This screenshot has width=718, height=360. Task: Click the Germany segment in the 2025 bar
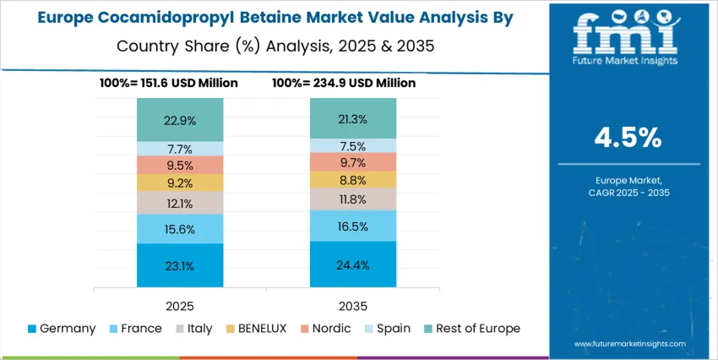pyautogui.click(x=180, y=265)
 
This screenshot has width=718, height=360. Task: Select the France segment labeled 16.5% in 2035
pyautogui.click(x=352, y=226)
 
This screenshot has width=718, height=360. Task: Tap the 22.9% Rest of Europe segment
pyautogui.click(x=180, y=120)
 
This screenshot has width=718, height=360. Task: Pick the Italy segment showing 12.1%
pyautogui.click(x=180, y=203)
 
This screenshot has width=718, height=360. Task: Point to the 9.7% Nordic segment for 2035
pyautogui.click(x=352, y=161)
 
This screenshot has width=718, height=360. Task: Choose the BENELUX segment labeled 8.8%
pyautogui.click(x=352, y=179)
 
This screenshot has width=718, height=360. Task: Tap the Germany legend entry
pyautogui.click(x=61, y=328)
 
